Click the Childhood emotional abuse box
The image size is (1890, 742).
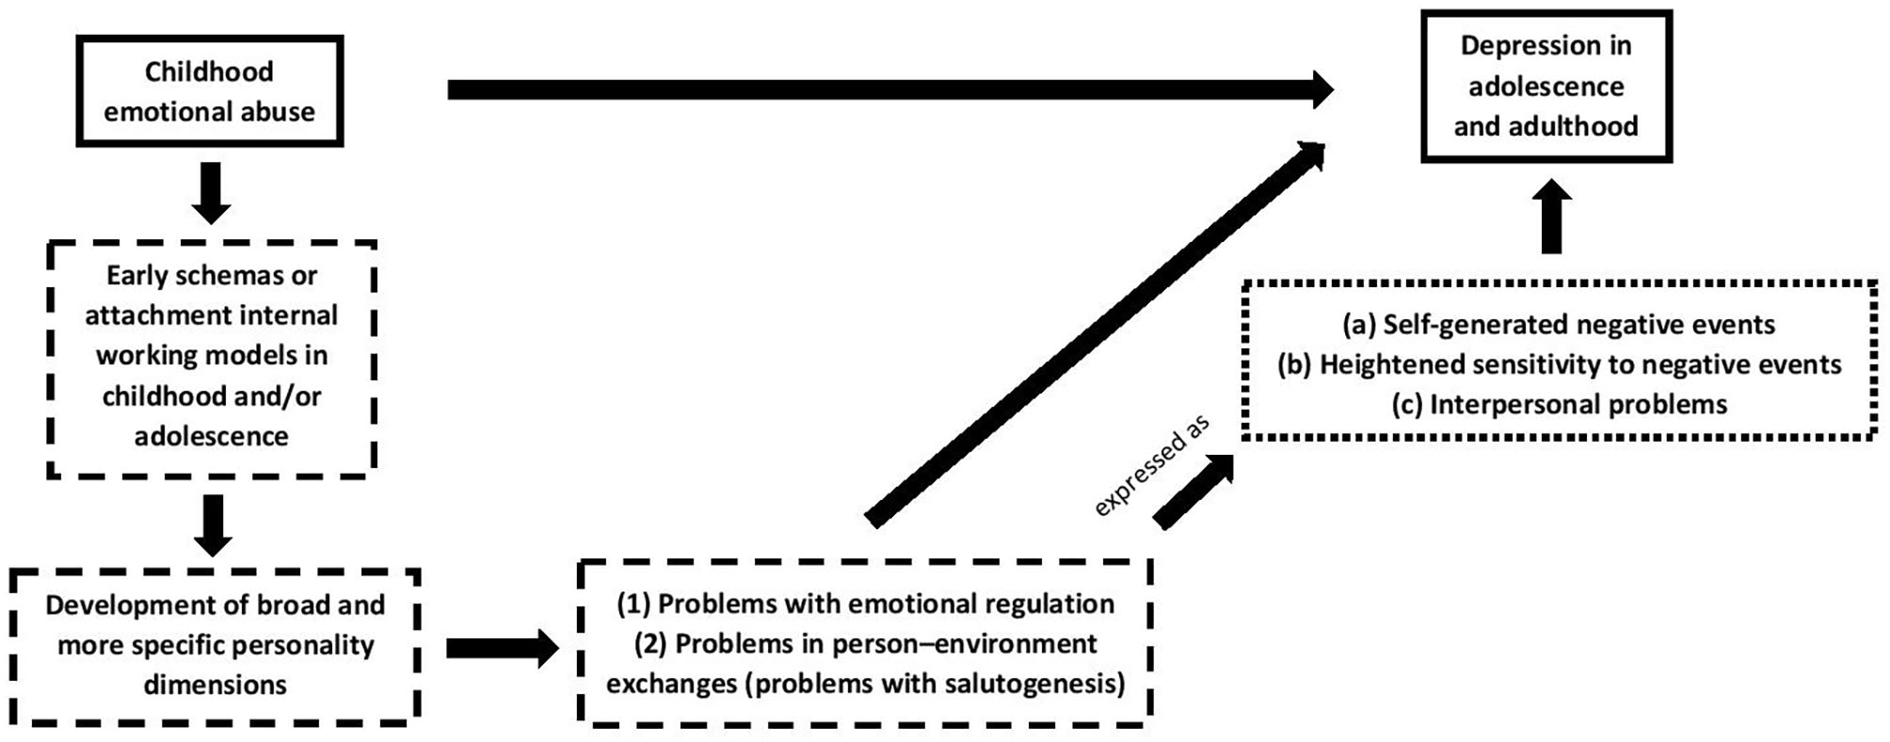(209, 91)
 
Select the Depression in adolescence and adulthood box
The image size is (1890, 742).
(1546, 86)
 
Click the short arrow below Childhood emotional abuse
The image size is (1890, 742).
(211, 192)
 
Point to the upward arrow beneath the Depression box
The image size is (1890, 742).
(1551, 217)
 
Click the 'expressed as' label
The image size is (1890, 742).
(1151, 467)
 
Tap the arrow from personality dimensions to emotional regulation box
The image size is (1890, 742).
(501, 648)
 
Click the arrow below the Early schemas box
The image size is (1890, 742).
(213, 524)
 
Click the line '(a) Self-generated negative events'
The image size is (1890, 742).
(1558, 325)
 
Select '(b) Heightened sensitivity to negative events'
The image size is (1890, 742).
(1559, 364)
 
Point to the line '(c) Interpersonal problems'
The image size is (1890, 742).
(1559, 405)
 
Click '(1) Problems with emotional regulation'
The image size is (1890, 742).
(864, 604)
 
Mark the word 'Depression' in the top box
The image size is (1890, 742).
(1517, 45)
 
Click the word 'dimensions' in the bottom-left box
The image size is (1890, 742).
(215, 685)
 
